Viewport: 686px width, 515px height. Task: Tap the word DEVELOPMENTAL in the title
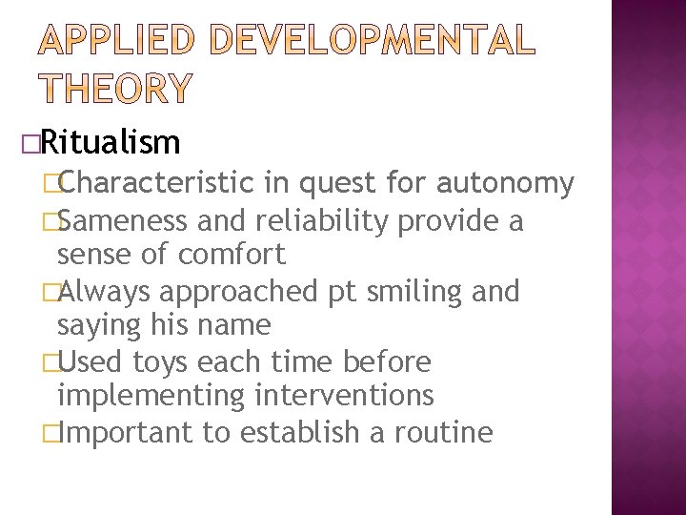point(370,39)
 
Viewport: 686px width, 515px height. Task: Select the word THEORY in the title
point(115,87)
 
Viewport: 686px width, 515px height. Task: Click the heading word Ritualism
point(111,143)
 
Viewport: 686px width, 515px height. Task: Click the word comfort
point(232,255)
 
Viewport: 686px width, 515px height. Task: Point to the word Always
point(101,291)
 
